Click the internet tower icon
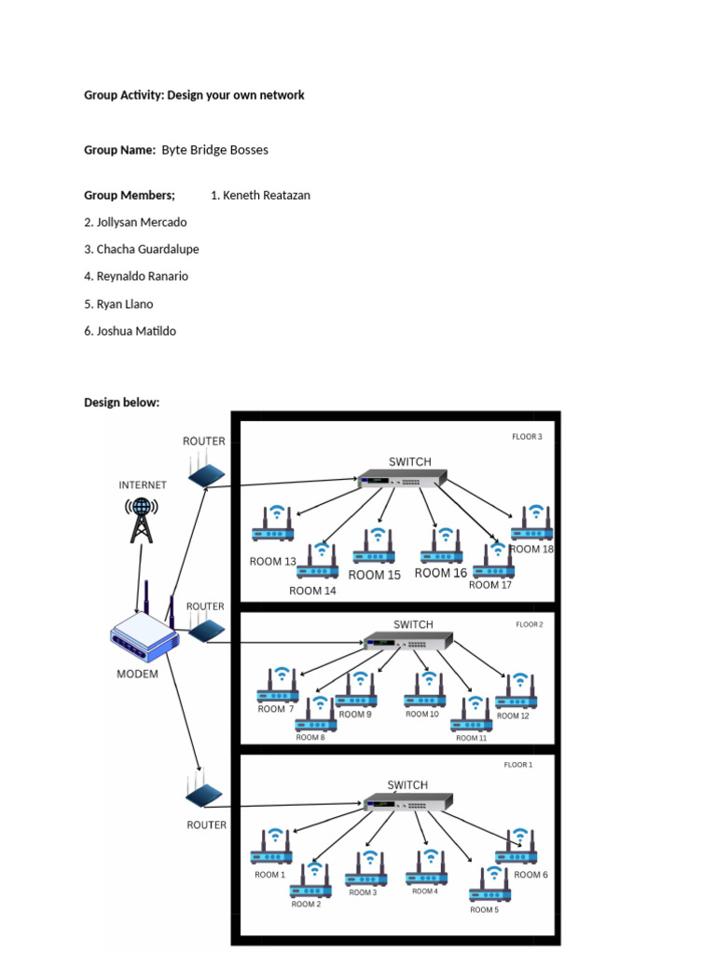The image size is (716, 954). (x=141, y=519)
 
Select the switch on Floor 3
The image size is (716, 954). (x=403, y=481)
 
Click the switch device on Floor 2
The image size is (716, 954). (x=407, y=642)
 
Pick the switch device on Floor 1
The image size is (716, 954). (x=407, y=802)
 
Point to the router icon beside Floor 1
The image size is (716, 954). (x=204, y=793)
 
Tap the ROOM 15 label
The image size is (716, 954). (x=375, y=575)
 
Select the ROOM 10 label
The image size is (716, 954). (x=421, y=715)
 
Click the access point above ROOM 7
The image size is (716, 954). (x=278, y=686)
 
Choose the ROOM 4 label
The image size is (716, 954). (x=424, y=892)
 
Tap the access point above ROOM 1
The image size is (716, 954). (x=271, y=848)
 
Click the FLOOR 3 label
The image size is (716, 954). (x=527, y=436)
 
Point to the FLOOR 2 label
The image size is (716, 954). (x=530, y=624)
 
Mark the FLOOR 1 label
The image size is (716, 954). (x=517, y=765)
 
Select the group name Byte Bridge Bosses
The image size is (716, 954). (x=214, y=149)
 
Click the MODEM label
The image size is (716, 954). (x=137, y=675)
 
